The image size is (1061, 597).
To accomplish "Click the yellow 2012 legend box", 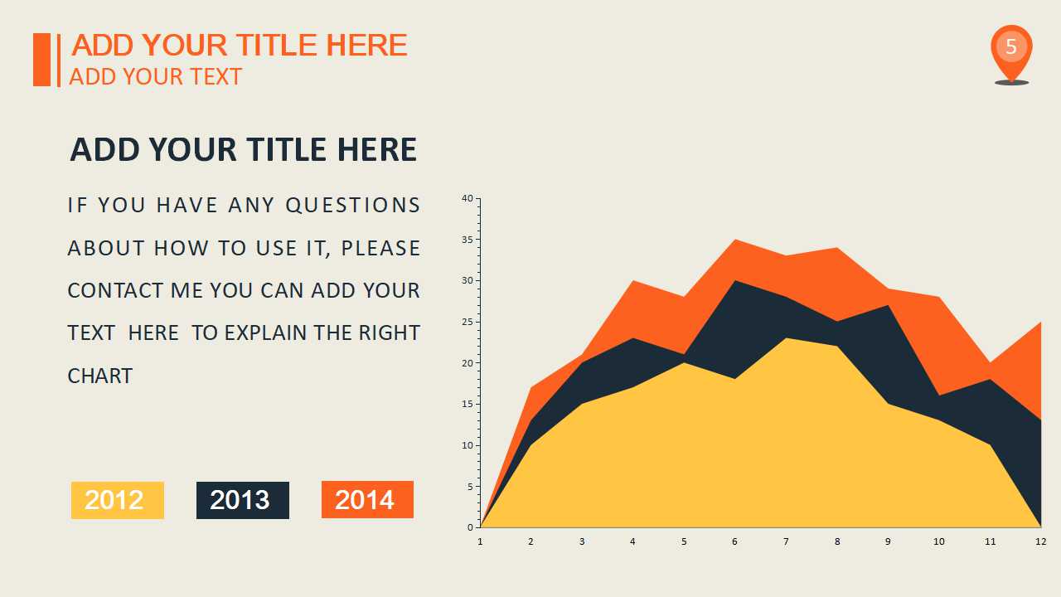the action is [118, 500].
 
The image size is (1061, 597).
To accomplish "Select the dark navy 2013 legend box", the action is [243, 500].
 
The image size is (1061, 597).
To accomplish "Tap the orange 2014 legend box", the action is [367, 499].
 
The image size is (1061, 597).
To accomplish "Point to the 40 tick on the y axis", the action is [468, 198].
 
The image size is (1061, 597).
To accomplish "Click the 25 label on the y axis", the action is [468, 323].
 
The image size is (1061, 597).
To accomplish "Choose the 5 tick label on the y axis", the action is [470, 487].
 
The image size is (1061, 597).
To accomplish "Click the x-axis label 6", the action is [734, 541].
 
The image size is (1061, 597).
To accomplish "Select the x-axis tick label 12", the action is [1040, 541].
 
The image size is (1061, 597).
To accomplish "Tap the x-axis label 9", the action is [888, 541].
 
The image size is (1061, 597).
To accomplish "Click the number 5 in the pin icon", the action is [1011, 46].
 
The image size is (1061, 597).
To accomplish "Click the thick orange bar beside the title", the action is [41, 60].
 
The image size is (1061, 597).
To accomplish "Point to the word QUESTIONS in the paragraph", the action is [353, 206].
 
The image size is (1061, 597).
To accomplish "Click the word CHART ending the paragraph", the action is [100, 376].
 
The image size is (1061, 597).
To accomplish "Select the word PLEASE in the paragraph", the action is [380, 248].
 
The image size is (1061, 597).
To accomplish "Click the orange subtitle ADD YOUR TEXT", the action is [155, 77].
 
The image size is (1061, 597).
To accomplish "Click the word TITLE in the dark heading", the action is [287, 150].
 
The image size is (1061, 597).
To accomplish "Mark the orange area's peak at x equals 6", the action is [734, 240].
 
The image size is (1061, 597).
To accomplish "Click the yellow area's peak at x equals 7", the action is [786, 338].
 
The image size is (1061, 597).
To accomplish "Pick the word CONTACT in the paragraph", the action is [115, 291].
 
